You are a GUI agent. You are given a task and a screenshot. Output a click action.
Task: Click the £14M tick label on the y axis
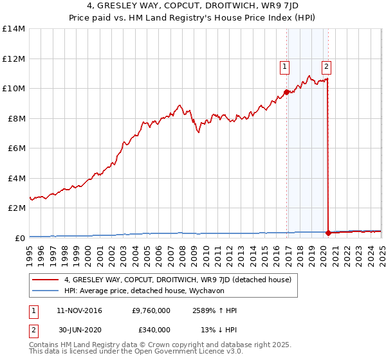click(x=13, y=29)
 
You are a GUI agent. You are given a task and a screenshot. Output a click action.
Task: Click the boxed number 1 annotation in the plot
click(x=284, y=65)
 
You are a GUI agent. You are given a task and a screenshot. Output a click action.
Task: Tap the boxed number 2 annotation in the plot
click(x=326, y=65)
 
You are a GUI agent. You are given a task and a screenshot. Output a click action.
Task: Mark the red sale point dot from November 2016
click(x=286, y=92)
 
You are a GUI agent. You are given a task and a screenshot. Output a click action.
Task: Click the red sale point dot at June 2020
click(x=329, y=233)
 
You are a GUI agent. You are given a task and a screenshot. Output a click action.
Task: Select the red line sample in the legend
click(x=45, y=280)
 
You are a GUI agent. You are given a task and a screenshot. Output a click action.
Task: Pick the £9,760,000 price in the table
click(x=151, y=310)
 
